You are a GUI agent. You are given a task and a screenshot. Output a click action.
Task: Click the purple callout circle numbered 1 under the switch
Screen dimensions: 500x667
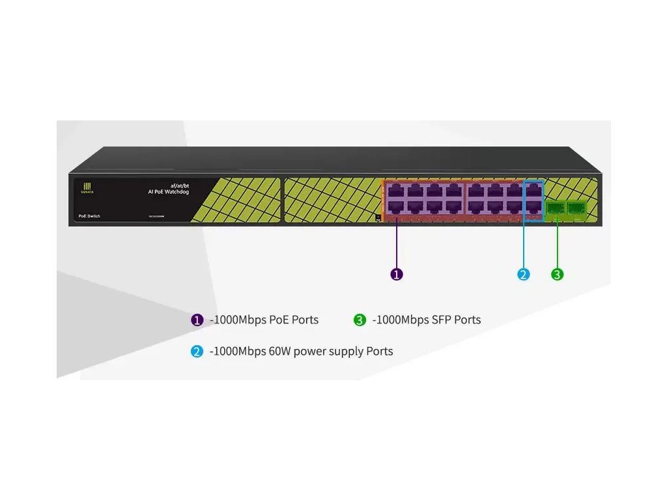(397, 274)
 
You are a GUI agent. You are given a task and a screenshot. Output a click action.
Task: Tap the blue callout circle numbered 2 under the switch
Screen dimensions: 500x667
(524, 274)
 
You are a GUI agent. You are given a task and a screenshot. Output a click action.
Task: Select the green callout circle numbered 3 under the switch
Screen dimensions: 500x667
(557, 274)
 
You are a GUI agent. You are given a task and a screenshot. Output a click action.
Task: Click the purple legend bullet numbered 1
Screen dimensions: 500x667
(197, 320)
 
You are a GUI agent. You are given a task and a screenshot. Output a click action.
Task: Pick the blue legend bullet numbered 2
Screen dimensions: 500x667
(197, 352)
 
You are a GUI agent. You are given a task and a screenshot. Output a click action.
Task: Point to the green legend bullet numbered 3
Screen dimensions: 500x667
(360, 320)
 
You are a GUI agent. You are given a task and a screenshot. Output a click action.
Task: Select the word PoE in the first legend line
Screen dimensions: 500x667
(278, 320)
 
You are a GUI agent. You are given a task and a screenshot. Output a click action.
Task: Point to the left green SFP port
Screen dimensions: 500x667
(556, 208)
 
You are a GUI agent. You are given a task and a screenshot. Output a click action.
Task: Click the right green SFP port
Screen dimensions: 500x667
(576, 208)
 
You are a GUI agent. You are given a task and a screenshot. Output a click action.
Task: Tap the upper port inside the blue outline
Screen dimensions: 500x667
(533, 191)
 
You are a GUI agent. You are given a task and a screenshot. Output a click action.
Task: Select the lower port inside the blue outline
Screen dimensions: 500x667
(533, 207)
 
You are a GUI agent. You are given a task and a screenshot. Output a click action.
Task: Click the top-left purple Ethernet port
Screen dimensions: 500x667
(395, 191)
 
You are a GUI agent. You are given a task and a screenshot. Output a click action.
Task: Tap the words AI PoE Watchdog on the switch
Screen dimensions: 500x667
(169, 192)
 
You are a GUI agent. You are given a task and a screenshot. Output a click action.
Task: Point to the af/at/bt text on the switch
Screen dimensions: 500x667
(179, 186)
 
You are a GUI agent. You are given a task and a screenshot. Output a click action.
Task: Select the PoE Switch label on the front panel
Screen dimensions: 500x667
(89, 215)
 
